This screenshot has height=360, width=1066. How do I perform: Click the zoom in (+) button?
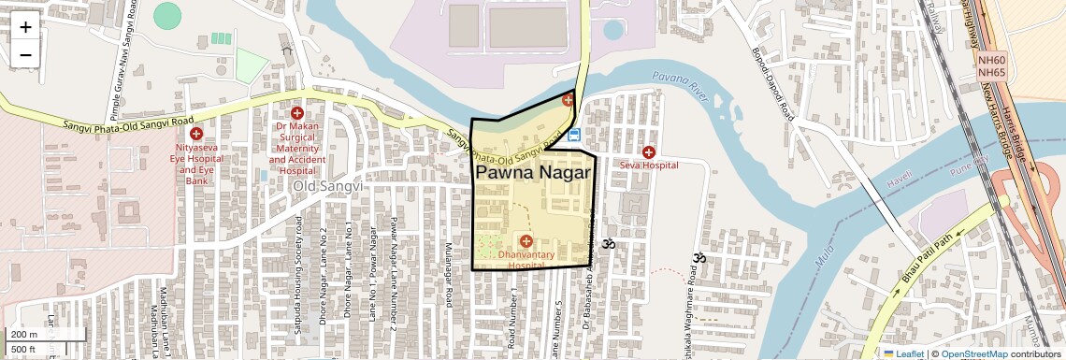point(25,27)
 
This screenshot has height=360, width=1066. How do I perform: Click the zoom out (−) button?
point(25,54)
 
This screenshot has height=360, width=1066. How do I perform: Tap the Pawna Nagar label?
point(534,173)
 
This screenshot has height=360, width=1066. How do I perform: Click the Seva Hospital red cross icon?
point(648,151)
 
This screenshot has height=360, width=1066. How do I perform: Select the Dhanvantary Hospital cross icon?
point(526,242)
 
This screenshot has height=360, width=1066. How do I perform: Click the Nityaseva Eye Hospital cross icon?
point(196,134)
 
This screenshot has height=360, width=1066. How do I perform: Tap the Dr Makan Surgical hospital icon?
point(297,113)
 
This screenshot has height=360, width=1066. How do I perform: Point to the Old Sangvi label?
point(327,187)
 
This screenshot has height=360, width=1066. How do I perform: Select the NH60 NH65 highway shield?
point(991,65)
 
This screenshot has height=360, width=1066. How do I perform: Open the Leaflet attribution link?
point(903,353)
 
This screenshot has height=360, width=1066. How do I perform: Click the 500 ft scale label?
point(23,349)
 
